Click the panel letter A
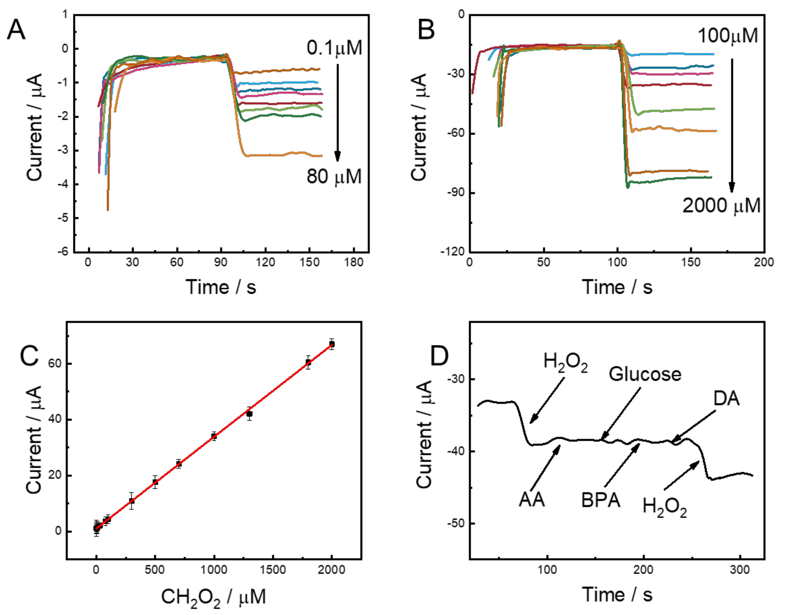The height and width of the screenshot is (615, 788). tap(16, 30)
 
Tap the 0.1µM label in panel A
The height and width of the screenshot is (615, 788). tap(334, 48)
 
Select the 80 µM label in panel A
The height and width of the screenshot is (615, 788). tap(334, 177)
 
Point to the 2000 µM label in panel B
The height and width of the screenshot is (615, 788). tap(721, 206)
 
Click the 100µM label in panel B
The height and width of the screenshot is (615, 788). tap(727, 36)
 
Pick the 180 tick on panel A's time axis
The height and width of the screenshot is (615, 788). tap(353, 262)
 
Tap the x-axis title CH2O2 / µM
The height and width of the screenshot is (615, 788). tap(213, 597)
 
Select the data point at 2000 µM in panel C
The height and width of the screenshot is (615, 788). tap(332, 344)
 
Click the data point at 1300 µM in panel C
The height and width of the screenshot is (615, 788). tap(249, 414)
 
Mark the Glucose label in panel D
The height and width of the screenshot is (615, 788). tap(645, 374)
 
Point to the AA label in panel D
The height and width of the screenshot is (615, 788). tap(531, 500)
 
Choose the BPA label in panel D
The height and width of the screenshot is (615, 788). tap(601, 500)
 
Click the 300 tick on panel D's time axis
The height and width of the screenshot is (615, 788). tap(740, 570)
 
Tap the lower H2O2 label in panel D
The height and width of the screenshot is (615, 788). tap(664, 507)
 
